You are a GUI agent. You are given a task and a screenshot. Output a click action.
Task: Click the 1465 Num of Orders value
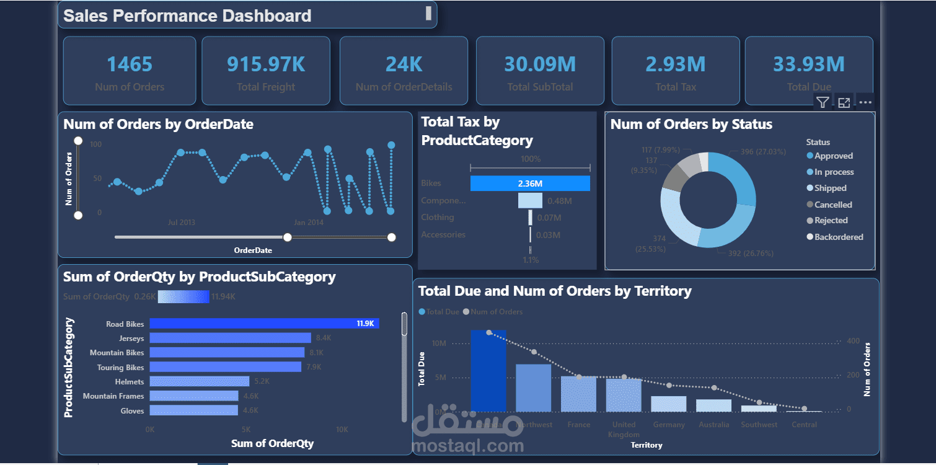tap(130, 64)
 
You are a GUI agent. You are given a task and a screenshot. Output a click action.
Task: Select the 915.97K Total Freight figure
tap(266, 64)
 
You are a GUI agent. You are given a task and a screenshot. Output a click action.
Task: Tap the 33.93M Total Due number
tap(808, 64)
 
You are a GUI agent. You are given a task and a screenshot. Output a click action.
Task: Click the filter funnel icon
tap(822, 103)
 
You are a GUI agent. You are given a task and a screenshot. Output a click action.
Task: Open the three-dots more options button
tap(865, 103)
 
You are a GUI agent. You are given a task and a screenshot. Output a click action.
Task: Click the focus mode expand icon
tap(844, 103)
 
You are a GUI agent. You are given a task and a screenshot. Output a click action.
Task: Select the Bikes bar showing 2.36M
tap(529, 184)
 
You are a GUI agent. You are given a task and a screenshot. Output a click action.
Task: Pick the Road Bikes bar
tap(264, 324)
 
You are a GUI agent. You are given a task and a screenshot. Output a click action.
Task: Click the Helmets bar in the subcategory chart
tap(199, 382)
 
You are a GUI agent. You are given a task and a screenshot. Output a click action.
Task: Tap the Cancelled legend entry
tap(832, 205)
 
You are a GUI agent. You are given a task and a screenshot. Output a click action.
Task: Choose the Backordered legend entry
tap(838, 237)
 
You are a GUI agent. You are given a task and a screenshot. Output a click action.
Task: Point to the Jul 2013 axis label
tap(182, 223)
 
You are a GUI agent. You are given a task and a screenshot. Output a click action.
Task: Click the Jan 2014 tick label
tap(309, 223)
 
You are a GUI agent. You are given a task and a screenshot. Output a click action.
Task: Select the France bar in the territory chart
tap(578, 394)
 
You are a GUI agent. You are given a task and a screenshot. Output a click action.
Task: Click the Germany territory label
tap(669, 425)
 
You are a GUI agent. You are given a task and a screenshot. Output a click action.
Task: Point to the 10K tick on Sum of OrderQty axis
tap(342, 430)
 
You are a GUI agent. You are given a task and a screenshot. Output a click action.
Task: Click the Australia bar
tap(713, 405)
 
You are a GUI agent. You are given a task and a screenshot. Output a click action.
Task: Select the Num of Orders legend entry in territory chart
tap(497, 312)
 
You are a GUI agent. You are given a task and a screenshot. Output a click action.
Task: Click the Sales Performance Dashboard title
tap(187, 16)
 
